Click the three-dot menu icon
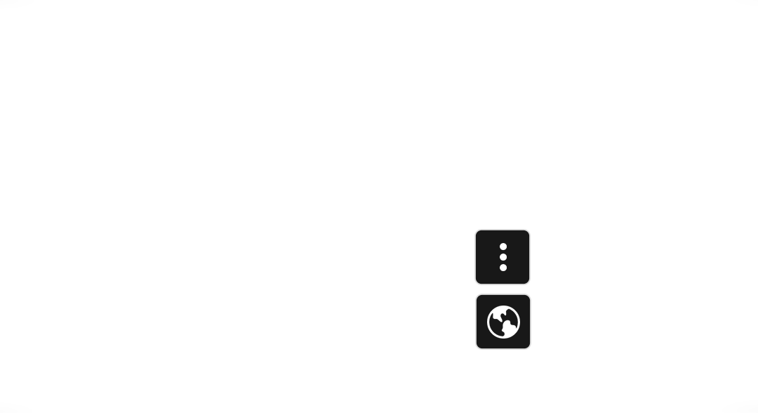pyautogui.click(x=503, y=257)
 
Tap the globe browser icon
pyautogui.click(x=503, y=322)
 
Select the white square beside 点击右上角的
pyautogui.click(x=187, y=257)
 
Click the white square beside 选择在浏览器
pyautogui.click(x=187, y=327)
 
